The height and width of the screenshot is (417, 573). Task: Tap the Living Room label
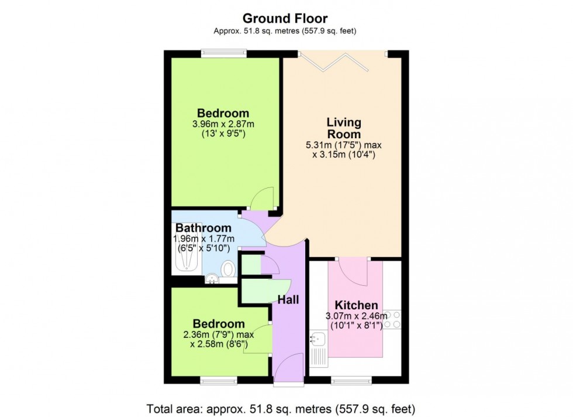(344, 128)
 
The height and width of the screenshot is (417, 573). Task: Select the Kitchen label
(356, 305)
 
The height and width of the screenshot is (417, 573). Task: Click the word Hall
(288, 300)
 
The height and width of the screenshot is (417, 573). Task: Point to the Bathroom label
(203, 228)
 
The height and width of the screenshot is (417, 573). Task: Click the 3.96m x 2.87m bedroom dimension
(223, 124)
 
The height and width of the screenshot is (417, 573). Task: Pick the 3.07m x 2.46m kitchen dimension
(356, 316)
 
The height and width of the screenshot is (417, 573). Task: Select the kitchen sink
(319, 339)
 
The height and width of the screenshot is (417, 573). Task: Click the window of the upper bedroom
(223, 53)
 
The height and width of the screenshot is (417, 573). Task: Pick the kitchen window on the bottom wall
(351, 380)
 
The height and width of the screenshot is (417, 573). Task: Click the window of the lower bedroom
(218, 380)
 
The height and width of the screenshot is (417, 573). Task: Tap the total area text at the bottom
(286, 406)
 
